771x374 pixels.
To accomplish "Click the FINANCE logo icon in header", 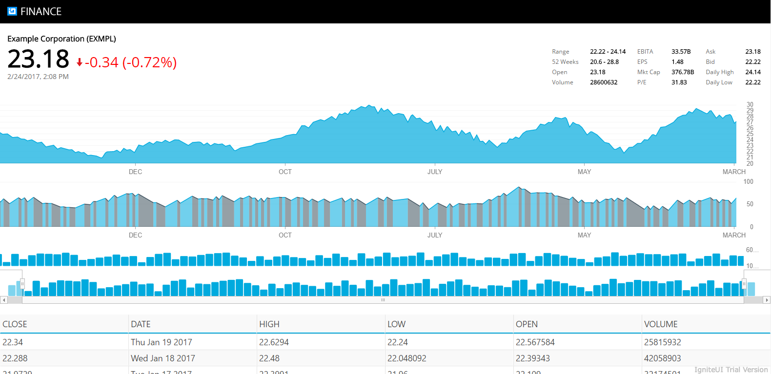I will click(12, 11).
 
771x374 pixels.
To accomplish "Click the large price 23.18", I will click(39, 59).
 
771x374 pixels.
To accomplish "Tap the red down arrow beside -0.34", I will click(80, 63).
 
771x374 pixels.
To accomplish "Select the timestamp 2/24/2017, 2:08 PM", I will click(38, 77).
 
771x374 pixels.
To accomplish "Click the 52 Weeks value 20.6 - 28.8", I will click(604, 62).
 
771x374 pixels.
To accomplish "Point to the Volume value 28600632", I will click(604, 82).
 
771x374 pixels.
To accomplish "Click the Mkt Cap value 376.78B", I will click(683, 72).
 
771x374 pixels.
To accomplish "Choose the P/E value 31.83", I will click(679, 82).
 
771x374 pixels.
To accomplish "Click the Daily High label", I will click(719, 72).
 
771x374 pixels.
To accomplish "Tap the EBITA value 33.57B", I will click(681, 52).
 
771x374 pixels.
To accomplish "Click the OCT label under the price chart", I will click(285, 172).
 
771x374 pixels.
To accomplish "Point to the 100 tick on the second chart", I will click(748, 182).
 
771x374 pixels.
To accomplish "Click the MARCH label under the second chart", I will click(734, 235).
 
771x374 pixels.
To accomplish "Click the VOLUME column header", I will click(661, 324).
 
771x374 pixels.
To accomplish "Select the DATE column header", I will click(141, 324).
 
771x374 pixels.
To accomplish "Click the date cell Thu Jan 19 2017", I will click(162, 342).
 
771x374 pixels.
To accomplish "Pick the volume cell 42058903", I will click(662, 358).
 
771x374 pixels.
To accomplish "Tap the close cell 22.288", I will click(15, 358).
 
